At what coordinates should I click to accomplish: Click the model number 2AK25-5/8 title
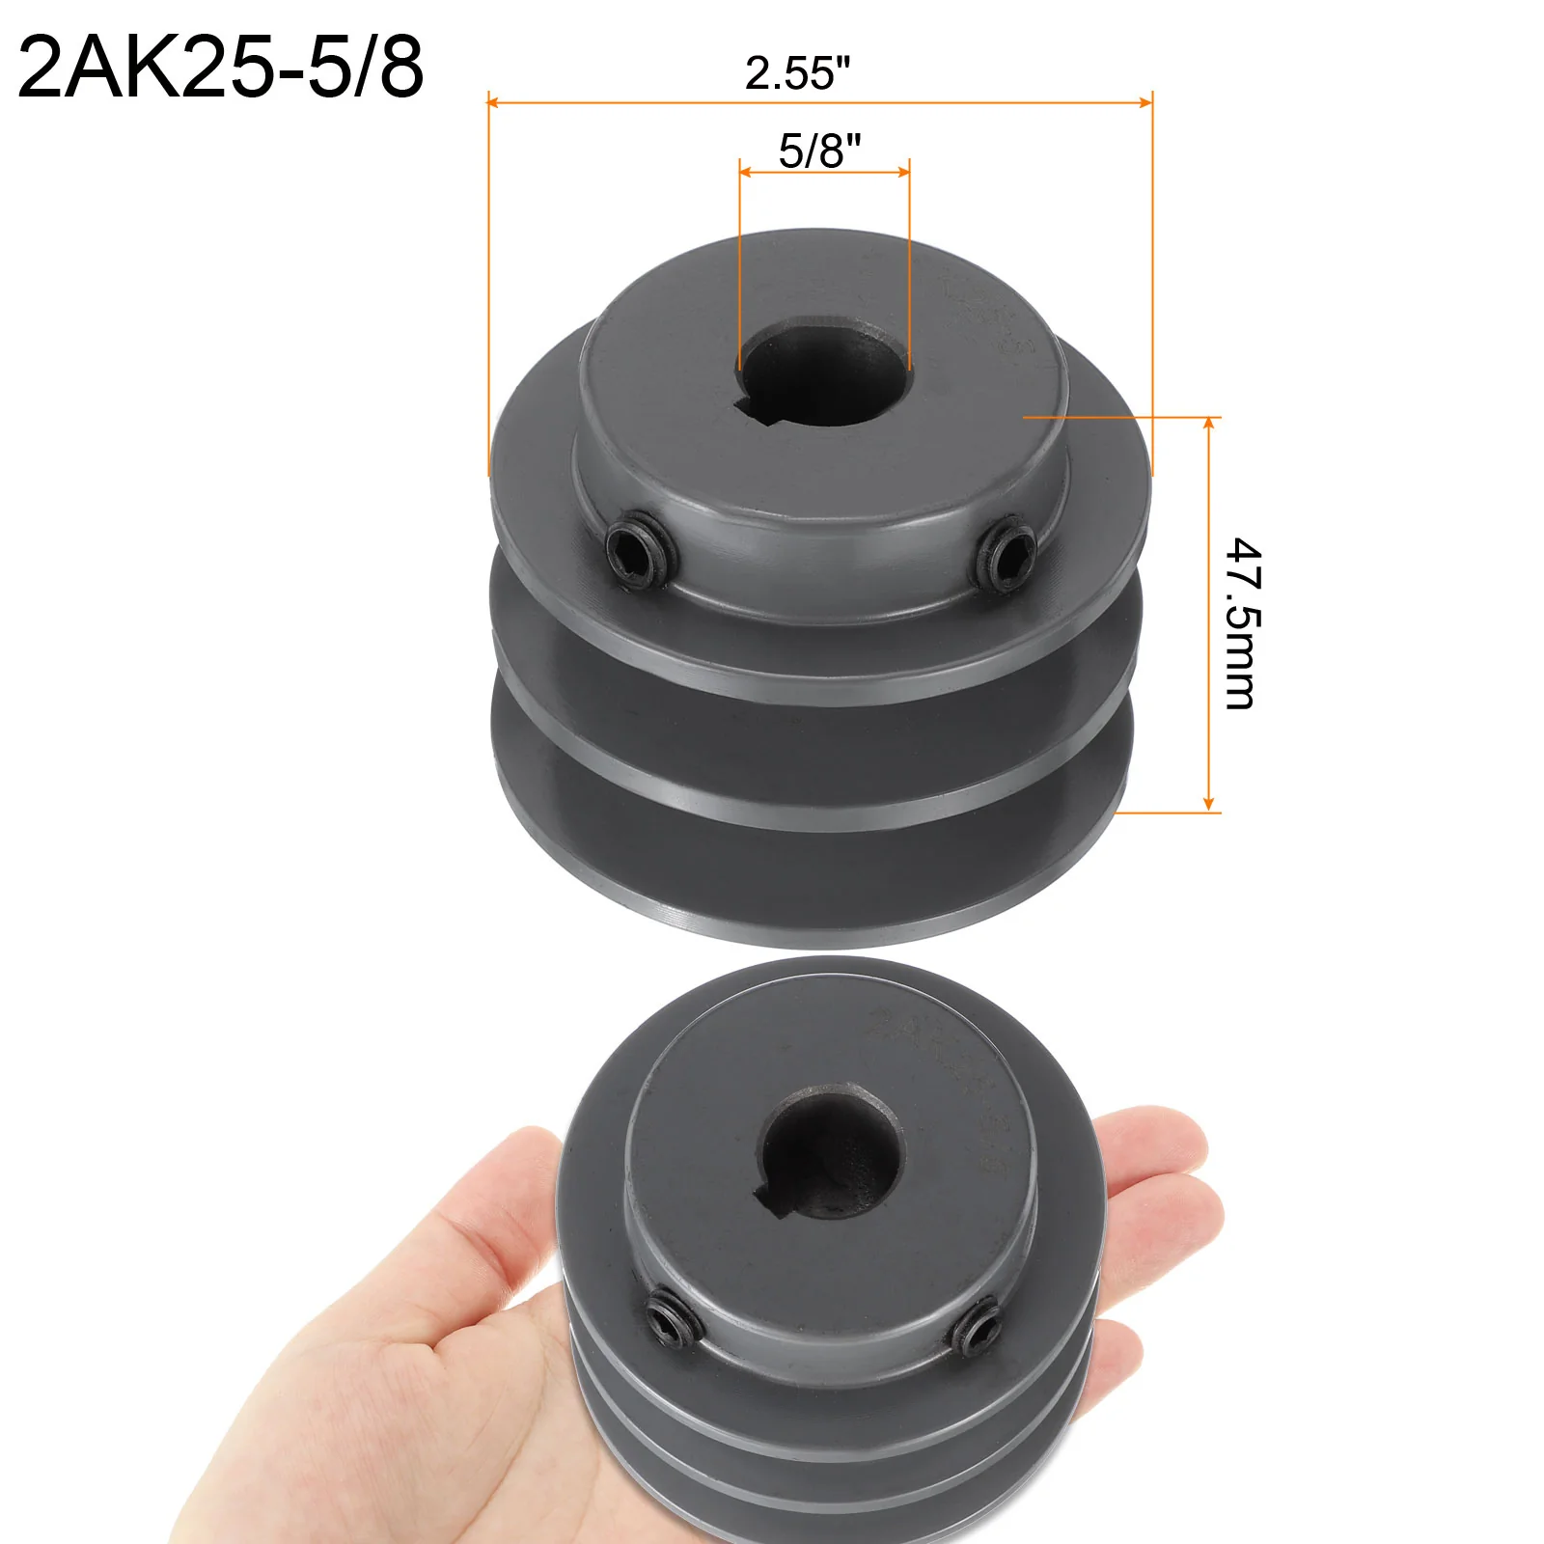coord(220,68)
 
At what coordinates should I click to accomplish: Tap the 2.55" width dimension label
coord(797,73)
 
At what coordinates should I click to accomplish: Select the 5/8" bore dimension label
coord(819,151)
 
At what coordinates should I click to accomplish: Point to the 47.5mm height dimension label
coord(1243,623)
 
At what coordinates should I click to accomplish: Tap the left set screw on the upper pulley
coord(637,552)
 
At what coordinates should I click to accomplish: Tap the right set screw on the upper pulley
coord(1006,556)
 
